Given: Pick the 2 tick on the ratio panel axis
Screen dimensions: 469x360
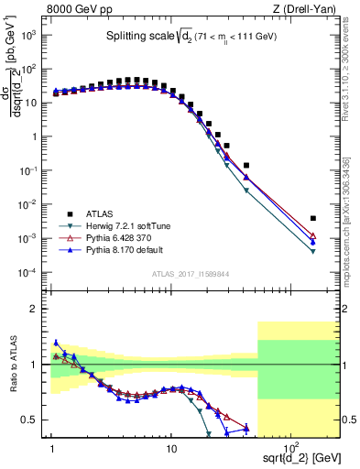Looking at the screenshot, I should (x=38, y=309).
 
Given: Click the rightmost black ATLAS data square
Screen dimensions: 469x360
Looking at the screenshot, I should (x=313, y=218).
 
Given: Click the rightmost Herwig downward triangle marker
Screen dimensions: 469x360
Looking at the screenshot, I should (x=313, y=252).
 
